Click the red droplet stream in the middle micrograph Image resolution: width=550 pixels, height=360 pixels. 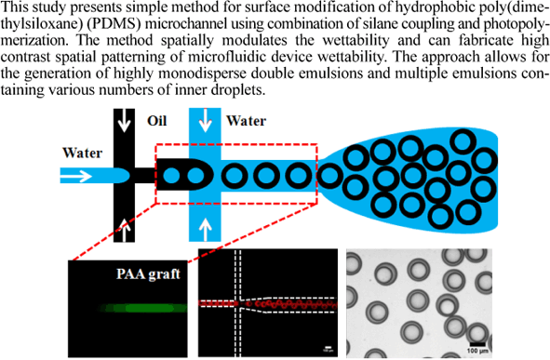(279, 303)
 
